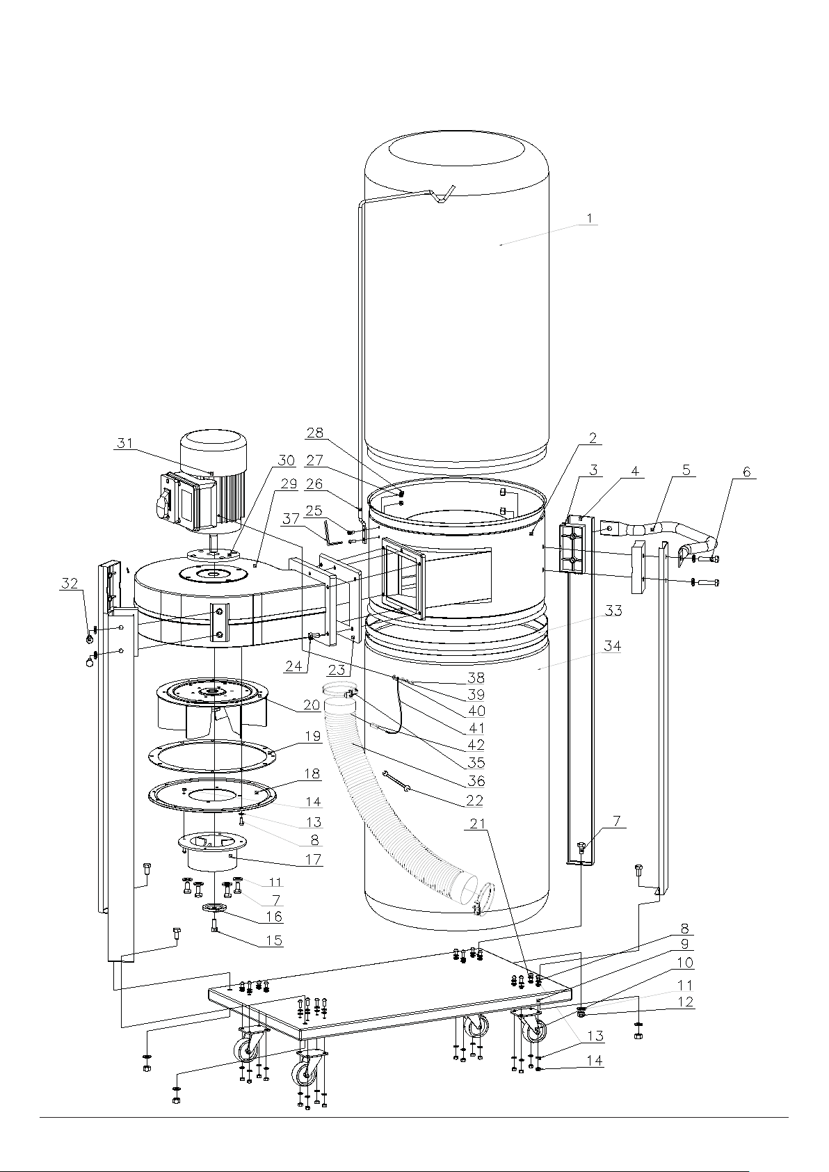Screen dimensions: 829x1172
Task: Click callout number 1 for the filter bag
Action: (x=590, y=218)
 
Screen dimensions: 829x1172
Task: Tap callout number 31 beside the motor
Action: (x=124, y=443)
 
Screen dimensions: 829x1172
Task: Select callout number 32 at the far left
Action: (x=70, y=584)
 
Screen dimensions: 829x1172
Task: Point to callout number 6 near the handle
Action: (x=746, y=472)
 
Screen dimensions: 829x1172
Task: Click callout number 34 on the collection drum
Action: (x=613, y=646)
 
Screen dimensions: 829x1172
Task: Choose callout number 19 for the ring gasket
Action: (x=313, y=736)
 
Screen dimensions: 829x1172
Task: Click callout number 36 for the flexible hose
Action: (x=476, y=780)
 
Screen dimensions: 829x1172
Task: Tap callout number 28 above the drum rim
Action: (x=315, y=433)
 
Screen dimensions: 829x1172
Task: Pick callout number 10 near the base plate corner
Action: (x=685, y=963)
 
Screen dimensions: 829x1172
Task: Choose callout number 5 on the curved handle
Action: (x=686, y=469)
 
